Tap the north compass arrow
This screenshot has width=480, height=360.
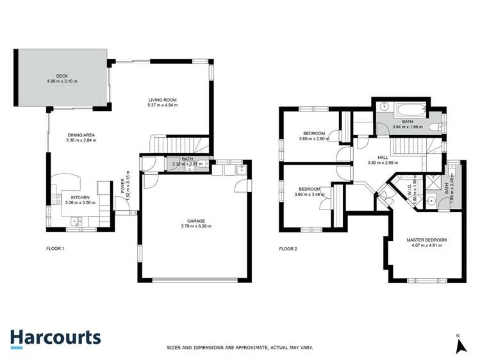coord(459,346)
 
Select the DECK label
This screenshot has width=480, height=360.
coord(62,76)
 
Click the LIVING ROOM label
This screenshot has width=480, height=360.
coord(162,99)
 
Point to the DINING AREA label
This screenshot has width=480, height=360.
coord(81,135)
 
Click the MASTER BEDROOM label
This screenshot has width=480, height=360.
coord(426,240)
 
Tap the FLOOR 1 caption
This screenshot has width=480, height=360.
coord(56,248)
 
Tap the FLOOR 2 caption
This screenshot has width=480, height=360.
coord(288,248)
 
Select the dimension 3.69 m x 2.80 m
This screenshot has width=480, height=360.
coord(313,138)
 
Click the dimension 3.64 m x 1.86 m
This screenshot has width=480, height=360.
coord(407,127)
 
